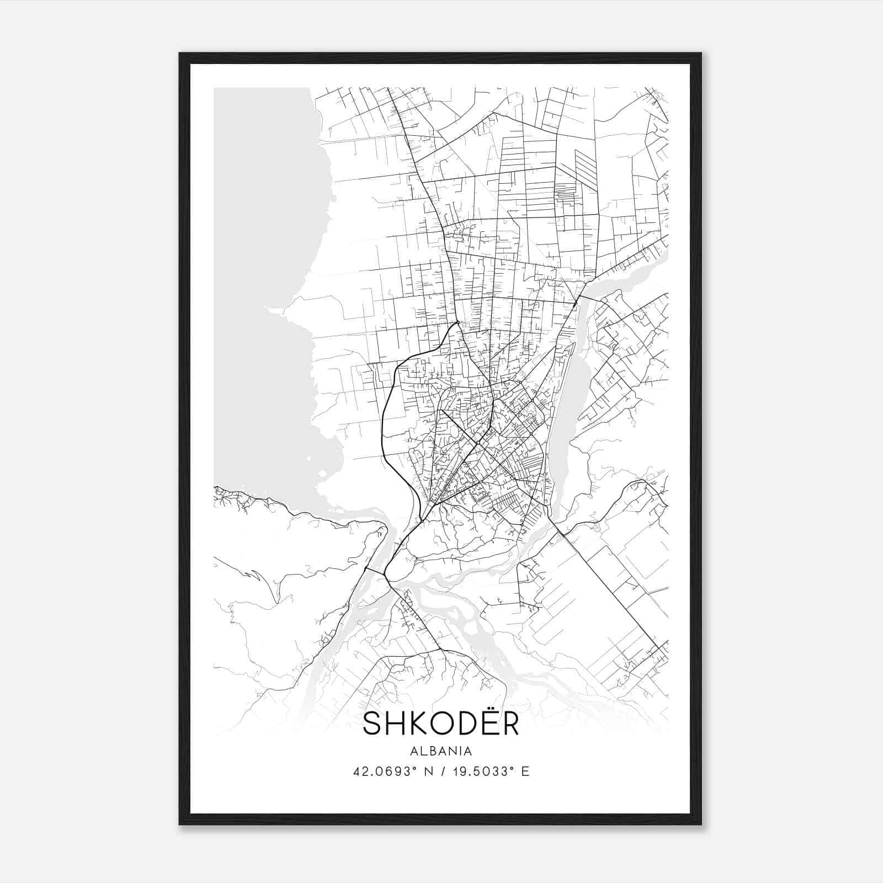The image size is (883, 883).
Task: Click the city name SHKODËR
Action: (441, 724)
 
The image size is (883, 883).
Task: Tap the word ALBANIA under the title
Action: (441, 751)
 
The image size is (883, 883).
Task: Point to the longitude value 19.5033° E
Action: (490, 772)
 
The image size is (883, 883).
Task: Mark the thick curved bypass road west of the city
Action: (385, 419)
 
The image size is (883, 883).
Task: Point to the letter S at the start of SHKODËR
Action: (374, 725)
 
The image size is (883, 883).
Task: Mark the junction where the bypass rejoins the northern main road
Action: (458, 322)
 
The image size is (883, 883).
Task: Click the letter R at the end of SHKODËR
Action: (508, 725)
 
